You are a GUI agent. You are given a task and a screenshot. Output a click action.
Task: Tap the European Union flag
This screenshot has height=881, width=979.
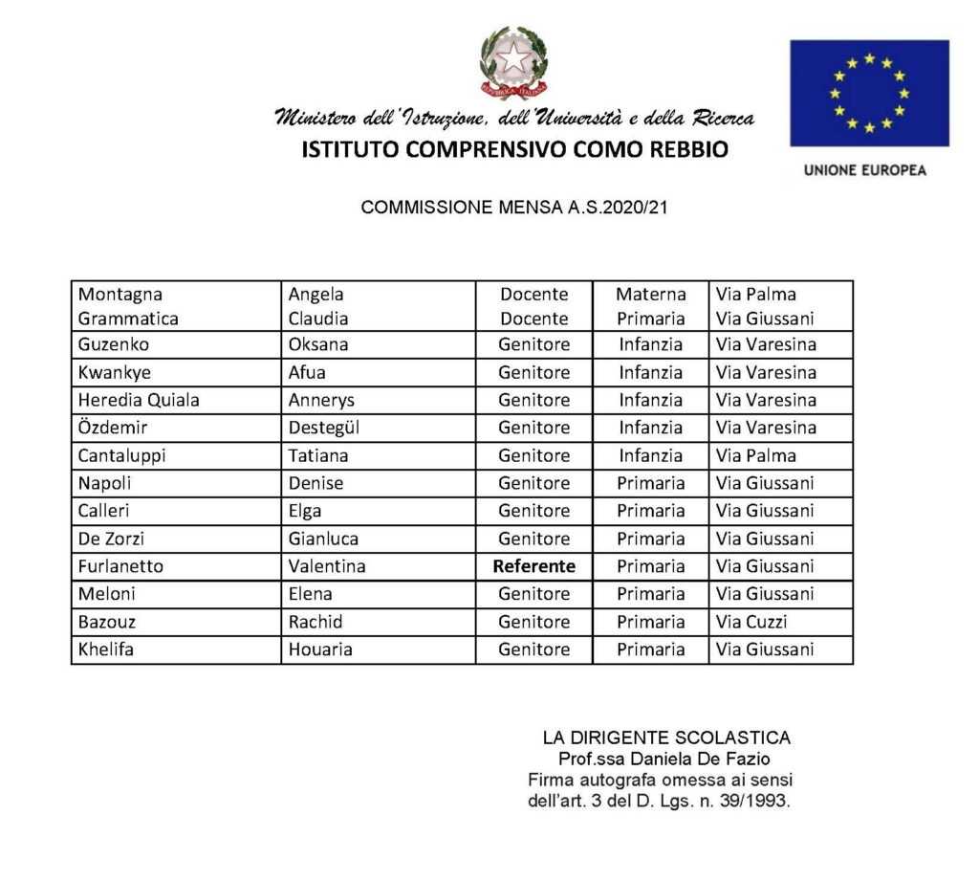(869, 92)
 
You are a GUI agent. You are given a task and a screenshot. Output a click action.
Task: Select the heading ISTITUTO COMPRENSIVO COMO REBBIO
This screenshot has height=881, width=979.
(514, 150)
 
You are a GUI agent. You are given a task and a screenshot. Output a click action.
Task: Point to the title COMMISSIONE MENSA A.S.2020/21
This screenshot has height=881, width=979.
(513, 207)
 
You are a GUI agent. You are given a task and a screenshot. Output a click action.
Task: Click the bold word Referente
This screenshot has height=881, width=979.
(533, 566)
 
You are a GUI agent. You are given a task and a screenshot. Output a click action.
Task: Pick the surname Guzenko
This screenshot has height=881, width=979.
(114, 344)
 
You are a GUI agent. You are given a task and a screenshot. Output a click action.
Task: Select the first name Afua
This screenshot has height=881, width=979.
(309, 372)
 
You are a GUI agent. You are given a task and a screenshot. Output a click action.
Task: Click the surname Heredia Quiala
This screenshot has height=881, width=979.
(139, 400)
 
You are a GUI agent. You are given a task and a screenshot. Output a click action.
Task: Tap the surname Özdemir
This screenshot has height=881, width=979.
(114, 428)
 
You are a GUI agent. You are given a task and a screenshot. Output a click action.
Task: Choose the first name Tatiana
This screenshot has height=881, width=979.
(318, 455)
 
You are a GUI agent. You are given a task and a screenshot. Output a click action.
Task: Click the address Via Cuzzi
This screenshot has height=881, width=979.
(751, 622)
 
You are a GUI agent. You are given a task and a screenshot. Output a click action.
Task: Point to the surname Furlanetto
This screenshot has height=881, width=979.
(120, 566)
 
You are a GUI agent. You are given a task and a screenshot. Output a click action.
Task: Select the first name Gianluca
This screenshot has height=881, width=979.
(323, 539)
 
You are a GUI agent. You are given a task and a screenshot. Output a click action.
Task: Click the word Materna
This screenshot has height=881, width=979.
(650, 295)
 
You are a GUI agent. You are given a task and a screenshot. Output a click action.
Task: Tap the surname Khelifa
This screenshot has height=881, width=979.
(107, 650)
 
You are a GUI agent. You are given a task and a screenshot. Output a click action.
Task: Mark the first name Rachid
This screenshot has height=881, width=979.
(315, 622)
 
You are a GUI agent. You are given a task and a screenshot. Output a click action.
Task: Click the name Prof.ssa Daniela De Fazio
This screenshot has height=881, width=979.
(665, 760)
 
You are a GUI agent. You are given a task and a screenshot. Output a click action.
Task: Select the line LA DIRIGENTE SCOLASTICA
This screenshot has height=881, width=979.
(666, 738)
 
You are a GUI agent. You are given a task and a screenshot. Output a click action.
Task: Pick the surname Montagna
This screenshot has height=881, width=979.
(120, 295)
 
